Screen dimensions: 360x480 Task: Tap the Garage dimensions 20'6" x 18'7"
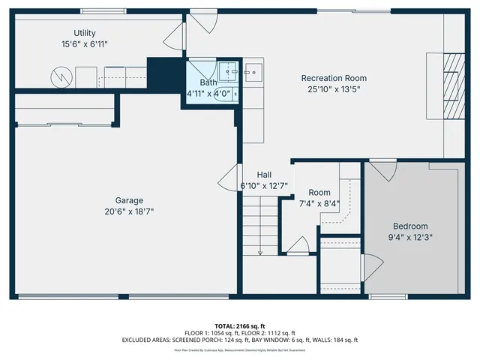click(129, 211)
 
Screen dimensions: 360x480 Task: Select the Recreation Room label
click(334, 78)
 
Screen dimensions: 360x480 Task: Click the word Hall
click(264, 174)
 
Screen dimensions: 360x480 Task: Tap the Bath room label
click(208, 82)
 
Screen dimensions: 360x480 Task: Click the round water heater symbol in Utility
click(60, 76)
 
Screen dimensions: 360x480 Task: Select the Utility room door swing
click(173, 33)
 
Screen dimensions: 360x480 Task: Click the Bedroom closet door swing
click(372, 266)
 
